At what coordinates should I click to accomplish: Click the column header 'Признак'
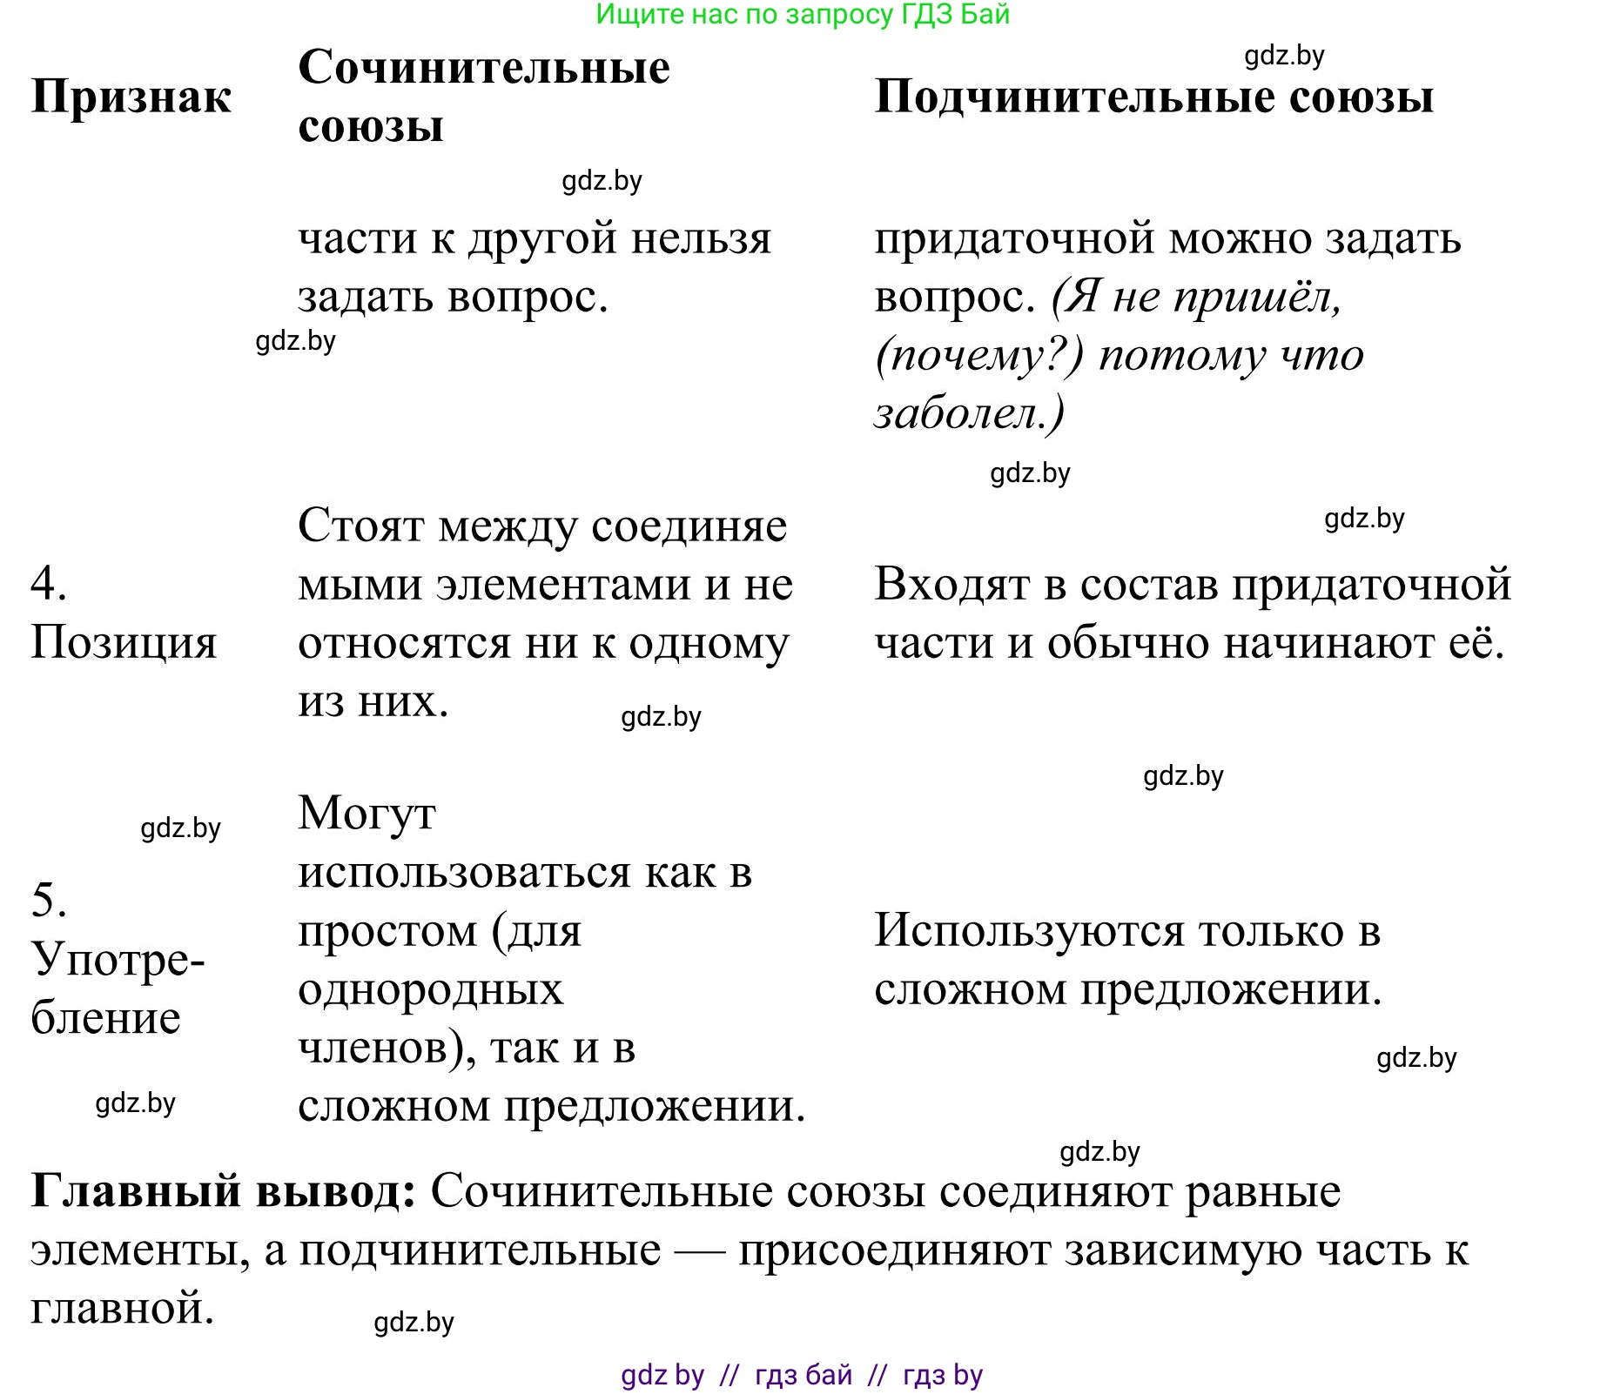[131, 97]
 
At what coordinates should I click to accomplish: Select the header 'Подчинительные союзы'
[1153, 97]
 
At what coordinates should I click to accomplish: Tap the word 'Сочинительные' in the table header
[484, 68]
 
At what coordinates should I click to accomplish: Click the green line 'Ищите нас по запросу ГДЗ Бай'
[803, 15]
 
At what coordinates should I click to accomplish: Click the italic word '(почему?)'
[979, 355]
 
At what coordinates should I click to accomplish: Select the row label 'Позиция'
[124, 643]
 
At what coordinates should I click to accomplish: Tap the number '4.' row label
[49, 583]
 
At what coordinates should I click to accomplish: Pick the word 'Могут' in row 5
[366, 814]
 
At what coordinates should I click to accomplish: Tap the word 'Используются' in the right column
[1028, 930]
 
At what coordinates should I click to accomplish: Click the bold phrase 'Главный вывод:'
[224, 1191]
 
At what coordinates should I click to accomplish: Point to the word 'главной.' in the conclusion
[123, 1308]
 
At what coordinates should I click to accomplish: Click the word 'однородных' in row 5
[431, 989]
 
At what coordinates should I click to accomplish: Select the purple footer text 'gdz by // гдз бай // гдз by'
[802, 1375]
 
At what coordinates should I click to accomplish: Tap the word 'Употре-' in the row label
[118, 960]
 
